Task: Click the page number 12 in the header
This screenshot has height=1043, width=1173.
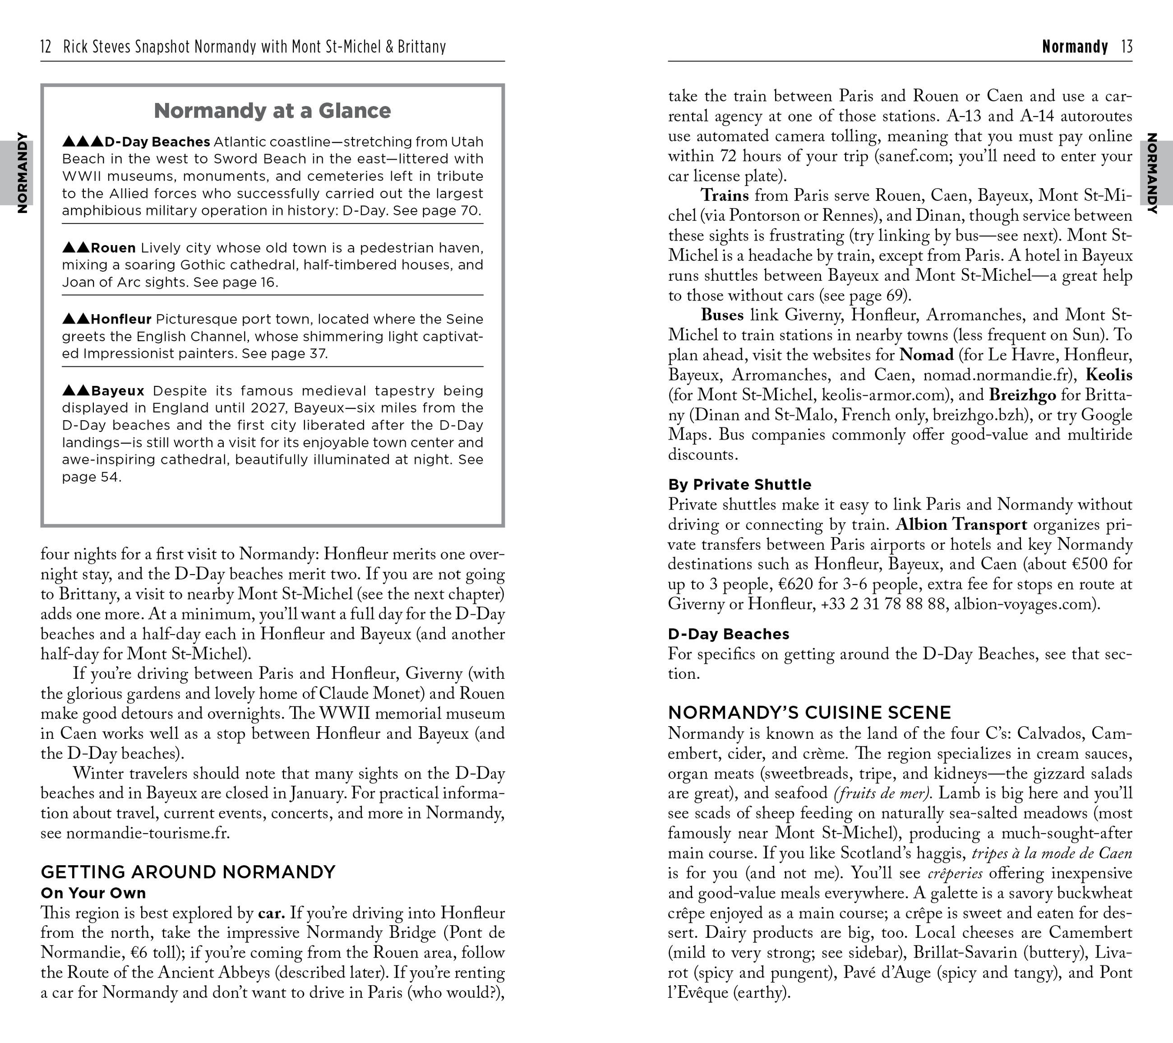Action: coord(46,46)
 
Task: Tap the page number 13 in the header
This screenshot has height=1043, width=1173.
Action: coord(1127,46)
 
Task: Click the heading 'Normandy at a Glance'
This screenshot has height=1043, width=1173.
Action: coord(272,111)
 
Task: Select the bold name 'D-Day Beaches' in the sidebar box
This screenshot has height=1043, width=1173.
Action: coord(157,142)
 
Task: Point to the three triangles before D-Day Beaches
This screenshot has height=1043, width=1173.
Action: coord(83,141)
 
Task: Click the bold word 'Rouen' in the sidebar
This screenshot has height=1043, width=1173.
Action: coord(113,248)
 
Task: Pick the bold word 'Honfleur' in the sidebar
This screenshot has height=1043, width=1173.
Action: coord(121,319)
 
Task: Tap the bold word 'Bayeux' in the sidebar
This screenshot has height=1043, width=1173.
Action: coord(118,391)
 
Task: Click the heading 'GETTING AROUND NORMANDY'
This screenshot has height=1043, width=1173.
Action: coord(188,872)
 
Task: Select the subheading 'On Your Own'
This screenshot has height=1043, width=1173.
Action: coord(93,893)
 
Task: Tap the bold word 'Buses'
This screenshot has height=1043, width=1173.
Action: coord(722,315)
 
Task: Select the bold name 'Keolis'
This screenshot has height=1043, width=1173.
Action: coord(1109,375)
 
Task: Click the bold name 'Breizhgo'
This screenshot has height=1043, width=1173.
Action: coord(1022,395)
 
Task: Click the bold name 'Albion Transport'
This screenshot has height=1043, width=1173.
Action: coord(961,524)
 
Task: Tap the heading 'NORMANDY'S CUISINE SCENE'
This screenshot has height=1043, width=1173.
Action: coord(809,713)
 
